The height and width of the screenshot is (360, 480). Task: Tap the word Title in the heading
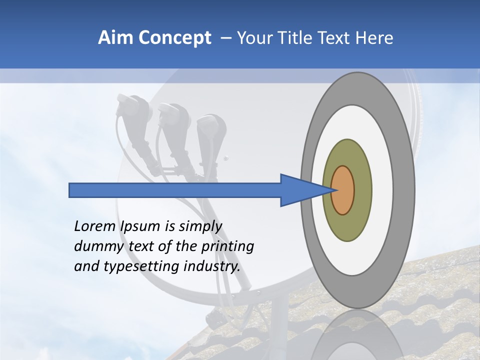[x=302, y=38]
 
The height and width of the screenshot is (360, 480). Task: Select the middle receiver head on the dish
[x=173, y=117]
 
